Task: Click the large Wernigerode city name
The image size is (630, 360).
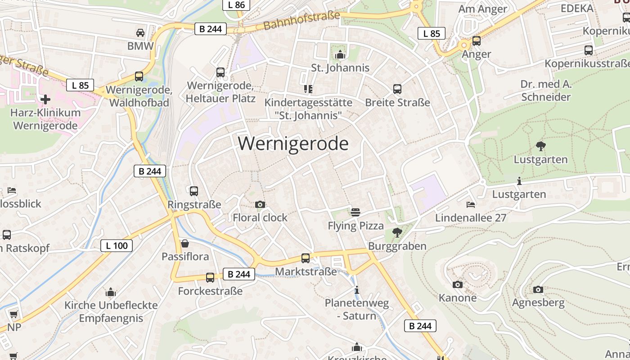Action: pyautogui.click(x=293, y=144)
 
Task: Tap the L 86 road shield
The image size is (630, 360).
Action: pyautogui.click(x=237, y=5)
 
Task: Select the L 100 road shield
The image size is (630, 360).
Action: pyautogui.click(x=117, y=246)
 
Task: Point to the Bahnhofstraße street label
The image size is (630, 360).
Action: pyautogui.click(x=301, y=21)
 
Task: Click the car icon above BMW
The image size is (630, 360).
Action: pyautogui.click(x=140, y=33)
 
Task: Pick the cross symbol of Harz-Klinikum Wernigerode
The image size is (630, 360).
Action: pyautogui.click(x=45, y=99)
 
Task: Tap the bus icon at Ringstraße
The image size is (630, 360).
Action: pyautogui.click(x=194, y=191)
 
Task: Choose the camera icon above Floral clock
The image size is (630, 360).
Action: pyautogui.click(x=260, y=205)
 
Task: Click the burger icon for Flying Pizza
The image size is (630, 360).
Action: pyautogui.click(x=355, y=212)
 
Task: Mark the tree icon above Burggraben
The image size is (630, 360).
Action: pyautogui.click(x=397, y=233)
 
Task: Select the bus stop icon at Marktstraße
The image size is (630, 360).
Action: pyautogui.click(x=306, y=258)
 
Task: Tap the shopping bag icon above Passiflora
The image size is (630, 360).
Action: pyautogui.click(x=184, y=243)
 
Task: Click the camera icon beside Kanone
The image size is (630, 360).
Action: pyautogui.click(x=458, y=284)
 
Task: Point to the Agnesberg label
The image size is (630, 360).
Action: pyautogui.click(x=538, y=302)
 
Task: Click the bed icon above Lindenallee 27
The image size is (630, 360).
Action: pyautogui.click(x=471, y=205)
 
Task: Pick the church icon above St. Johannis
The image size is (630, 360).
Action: pyautogui.click(x=340, y=55)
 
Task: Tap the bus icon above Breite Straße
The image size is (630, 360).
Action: pyautogui.click(x=397, y=89)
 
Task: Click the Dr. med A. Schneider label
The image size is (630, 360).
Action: pyautogui.click(x=545, y=90)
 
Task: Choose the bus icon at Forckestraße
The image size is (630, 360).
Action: pyautogui.click(x=210, y=278)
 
